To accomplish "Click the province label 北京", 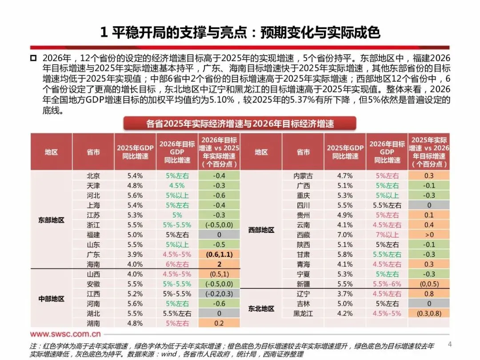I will (x=93, y=176).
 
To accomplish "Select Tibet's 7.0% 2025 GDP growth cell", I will (x=345, y=234).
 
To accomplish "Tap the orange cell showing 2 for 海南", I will (x=219, y=264).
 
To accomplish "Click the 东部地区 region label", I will (x=51, y=220).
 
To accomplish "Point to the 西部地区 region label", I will (x=261, y=230).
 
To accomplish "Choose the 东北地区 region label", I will (x=261, y=308).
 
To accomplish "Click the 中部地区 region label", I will (x=51, y=299).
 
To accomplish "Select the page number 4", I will (x=449, y=344).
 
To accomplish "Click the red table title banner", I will (x=240, y=123).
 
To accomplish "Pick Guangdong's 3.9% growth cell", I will (x=135, y=254).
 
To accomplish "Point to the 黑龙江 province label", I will (x=303, y=313).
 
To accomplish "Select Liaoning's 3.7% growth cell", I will (x=345, y=293).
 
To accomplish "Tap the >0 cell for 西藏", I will (x=429, y=234).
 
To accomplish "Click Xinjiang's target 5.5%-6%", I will (x=388, y=284).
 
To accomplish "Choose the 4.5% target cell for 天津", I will (x=177, y=185).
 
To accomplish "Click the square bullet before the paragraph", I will (x=33, y=59).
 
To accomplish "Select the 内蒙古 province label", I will (x=303, y=176).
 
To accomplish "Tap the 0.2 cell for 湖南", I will (x=219, y=323).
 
